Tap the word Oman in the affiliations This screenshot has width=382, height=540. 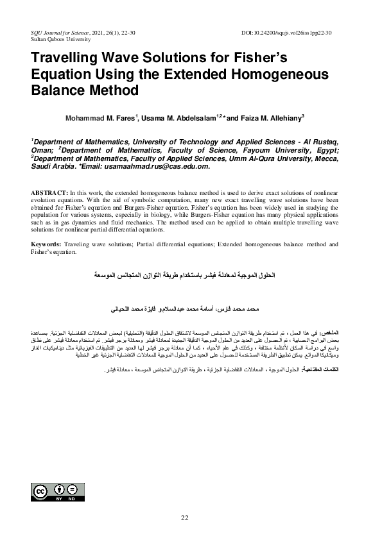click(x=44, y=149)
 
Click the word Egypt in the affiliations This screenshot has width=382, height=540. click(x=333, y=149)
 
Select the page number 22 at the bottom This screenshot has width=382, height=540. click(x=185, y=518)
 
